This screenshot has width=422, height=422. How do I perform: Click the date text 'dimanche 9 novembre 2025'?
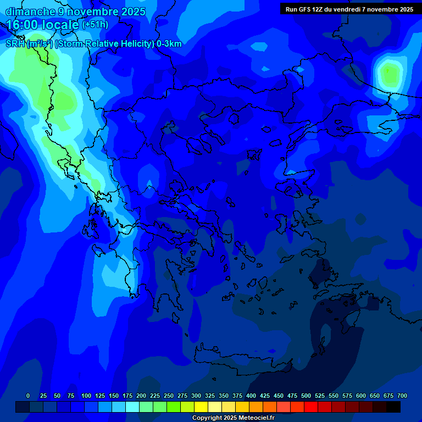click(75, 12)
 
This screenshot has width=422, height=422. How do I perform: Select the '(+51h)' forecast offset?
click(95, 25)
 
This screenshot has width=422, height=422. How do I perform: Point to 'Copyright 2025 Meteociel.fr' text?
click(233, 418)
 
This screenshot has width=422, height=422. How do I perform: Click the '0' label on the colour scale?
click(28, 396)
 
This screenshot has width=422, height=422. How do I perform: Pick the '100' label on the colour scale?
click(86, 396)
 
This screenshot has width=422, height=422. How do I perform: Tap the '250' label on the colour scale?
click(169, 396)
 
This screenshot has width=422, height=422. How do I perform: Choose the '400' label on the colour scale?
click(251, 396)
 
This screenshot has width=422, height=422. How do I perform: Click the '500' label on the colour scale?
click(306, 396)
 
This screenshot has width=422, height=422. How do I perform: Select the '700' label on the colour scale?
click(402, 396)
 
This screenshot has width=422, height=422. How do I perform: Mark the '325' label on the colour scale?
click(210, 396)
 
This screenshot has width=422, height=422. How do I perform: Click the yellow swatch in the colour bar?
click(201, 407)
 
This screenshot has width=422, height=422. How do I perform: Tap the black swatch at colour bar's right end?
click(393, 407)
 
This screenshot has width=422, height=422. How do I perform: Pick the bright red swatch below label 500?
click(311, 407)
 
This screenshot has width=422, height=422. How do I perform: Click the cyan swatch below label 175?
click(132, 407)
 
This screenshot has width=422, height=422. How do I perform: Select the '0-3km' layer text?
click(169, 44)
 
